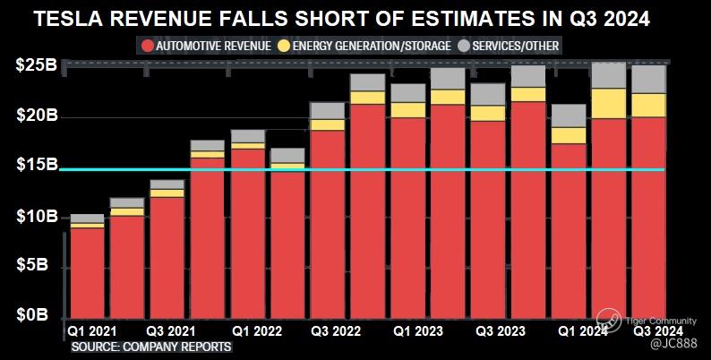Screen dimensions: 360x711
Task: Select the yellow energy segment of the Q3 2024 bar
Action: tap(649, 105)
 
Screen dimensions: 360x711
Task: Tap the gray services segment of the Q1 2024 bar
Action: tap(569, 116)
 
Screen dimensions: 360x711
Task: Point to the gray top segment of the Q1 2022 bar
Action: tap(247, 135)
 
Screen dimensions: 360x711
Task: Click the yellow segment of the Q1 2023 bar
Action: tap(408, 109)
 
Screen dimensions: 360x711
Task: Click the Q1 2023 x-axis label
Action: tap(417, 330)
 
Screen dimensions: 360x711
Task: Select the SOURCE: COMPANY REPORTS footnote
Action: tap(151, 346)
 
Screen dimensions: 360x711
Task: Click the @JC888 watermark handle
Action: tap(672, 344)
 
